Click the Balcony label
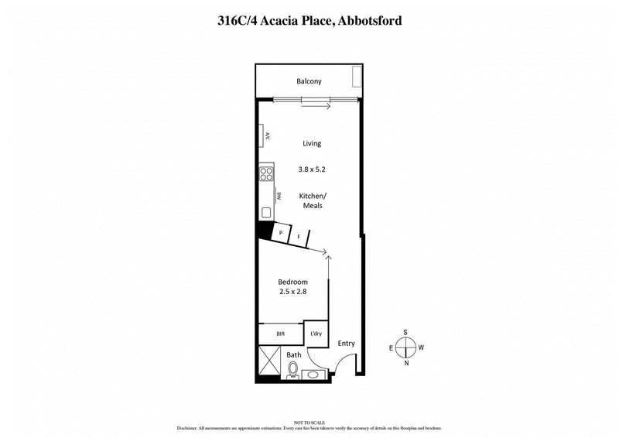309,81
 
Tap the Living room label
311,143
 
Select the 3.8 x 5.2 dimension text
310,168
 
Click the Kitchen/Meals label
311,201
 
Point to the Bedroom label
293,282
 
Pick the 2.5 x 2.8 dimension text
293,293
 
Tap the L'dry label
316,334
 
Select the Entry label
346,343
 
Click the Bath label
294,355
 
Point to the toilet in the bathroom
292,373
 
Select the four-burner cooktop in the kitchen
266,173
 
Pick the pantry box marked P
280,231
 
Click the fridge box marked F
298,235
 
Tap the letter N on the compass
406,362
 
